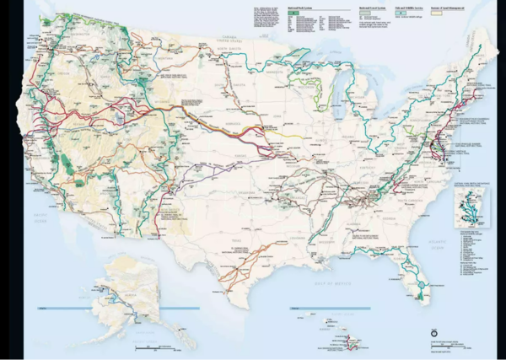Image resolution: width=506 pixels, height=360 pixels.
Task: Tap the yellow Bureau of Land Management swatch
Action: pyautogui.click(x=438, y=15)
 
